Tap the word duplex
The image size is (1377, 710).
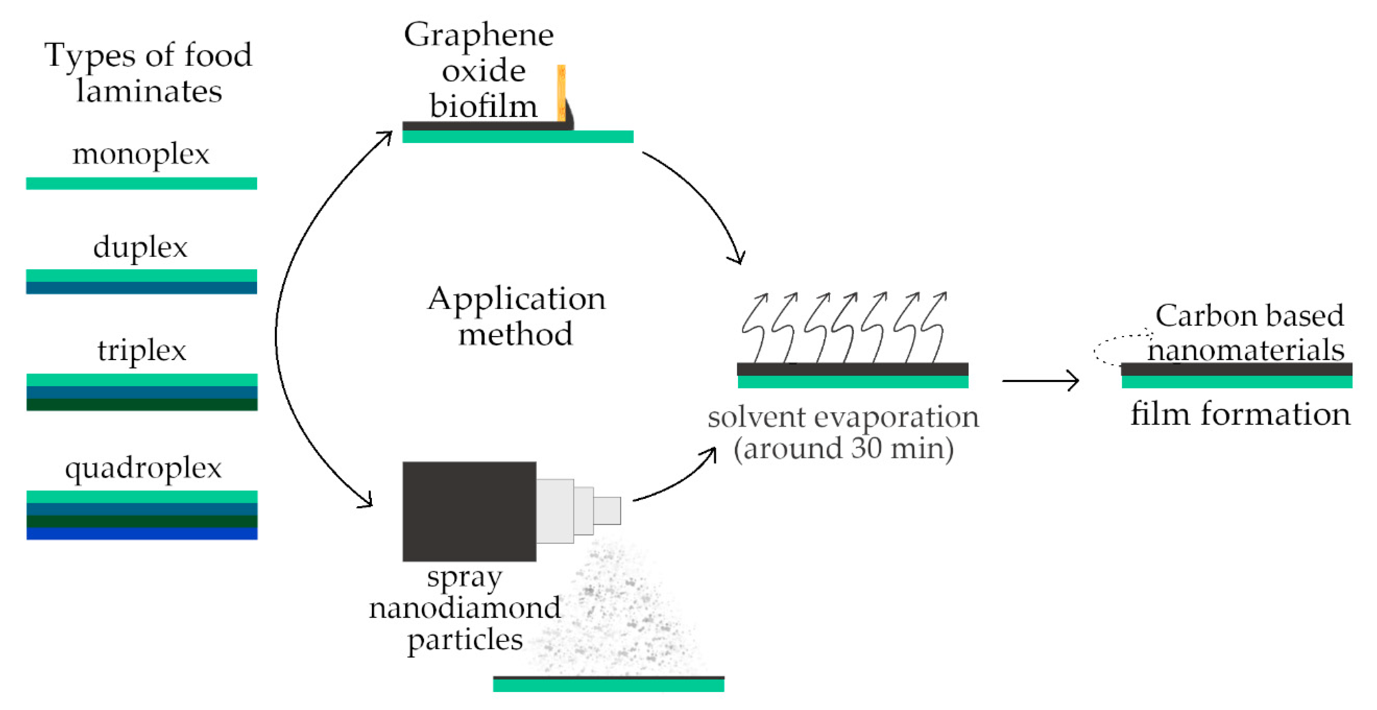coord(141,247)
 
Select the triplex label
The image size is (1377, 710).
coord(142,351)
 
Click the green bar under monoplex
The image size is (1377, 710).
coord(142,184)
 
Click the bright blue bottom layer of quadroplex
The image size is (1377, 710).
coord(142,534)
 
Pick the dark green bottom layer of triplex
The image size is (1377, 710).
coord(142,405)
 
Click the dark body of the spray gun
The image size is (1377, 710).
coord(469,511)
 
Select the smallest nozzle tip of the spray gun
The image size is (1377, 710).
coord(607,510)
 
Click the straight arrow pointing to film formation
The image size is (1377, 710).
coord(1040,381)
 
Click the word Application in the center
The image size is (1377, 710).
coord(516,299)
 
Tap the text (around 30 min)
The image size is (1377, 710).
coord(843,448)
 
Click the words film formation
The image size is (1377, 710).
coord(1240,414)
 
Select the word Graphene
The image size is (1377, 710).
coord(478,36)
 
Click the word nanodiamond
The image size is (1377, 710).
coord(464,608)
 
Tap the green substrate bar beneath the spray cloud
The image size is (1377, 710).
coord(608,686)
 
